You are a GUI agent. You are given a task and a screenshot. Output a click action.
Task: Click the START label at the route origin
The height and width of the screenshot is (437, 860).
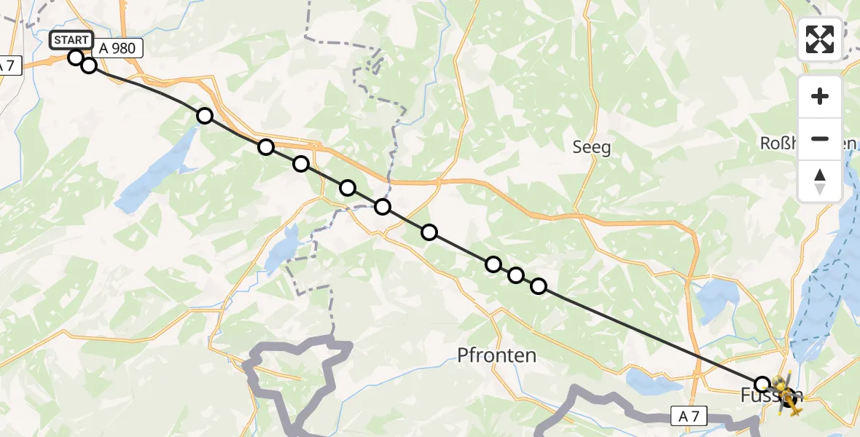tap(71, 40)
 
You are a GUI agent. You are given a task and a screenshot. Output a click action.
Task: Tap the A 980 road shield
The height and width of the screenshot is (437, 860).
tap(117, 48)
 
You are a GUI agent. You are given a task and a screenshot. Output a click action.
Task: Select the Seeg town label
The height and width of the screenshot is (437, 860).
tap(591, 147)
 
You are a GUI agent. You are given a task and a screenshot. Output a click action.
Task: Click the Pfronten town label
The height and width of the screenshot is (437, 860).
tap(496, 355)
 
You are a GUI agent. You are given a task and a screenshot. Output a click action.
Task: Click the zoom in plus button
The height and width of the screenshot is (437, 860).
tap(820, 97)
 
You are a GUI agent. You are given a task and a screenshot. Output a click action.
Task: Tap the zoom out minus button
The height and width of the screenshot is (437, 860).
tap(820, 138)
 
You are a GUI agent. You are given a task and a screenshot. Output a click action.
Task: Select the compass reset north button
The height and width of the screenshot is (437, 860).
tap(820, 181)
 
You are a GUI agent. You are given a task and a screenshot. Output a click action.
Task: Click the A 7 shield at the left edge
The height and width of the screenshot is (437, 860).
tap(7, 66)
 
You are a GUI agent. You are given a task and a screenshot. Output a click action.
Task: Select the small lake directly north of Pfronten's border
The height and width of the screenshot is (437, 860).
tap(281, 251)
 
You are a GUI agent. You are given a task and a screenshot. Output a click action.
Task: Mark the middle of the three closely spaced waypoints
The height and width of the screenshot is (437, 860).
tap(516, 275)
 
